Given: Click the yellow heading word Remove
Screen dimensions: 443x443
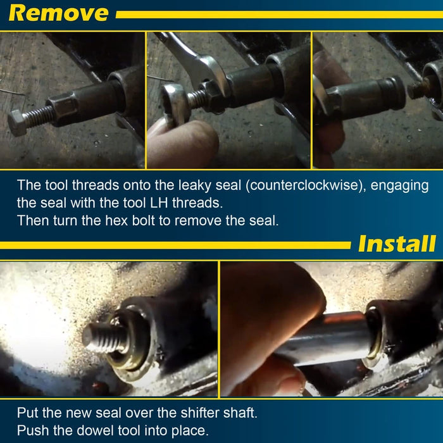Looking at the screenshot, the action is [58, 13].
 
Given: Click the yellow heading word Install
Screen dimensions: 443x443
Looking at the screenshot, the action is [397, 244].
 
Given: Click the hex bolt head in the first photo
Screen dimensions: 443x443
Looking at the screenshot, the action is [17, 122].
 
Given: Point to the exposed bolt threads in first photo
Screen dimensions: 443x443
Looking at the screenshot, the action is [39, 115].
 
